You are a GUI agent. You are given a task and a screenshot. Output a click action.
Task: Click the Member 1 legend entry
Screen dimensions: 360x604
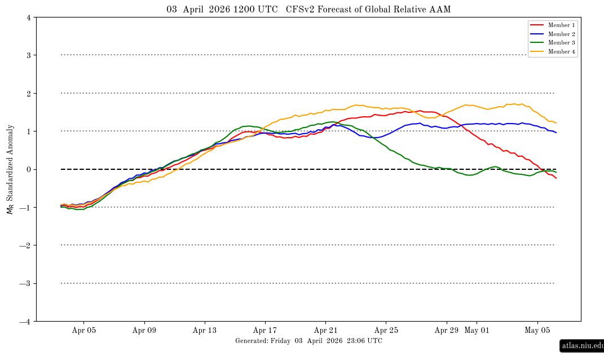click(x=561, y=25)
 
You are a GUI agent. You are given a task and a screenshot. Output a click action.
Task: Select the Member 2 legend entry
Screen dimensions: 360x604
click(x=561, y=34)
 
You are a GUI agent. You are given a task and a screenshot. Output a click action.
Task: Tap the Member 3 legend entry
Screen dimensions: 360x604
click(x=561, y=43)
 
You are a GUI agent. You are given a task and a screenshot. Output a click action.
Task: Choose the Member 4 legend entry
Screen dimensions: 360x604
click(x=561, y=52)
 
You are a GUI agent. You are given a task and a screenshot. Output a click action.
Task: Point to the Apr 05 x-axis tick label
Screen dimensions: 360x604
click(x=84, y=331)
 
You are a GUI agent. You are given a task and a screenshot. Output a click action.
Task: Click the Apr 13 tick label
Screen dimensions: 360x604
click(x=205, y=331)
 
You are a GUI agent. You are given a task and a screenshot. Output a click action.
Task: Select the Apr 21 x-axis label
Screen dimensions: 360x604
click(x=325, y=331)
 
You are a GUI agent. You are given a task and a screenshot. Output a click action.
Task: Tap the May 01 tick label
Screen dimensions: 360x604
click(x=477, y=331)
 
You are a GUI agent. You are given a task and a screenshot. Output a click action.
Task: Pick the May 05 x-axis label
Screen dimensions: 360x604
click(x=537, y=331)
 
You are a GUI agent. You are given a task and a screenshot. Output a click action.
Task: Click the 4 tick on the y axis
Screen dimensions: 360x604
click(x=28, y=17)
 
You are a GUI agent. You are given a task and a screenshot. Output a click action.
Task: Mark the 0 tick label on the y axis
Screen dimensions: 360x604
click(x=28, y=169)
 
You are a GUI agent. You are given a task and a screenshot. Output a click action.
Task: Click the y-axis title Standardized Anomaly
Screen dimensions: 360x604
click(x=10, y=169)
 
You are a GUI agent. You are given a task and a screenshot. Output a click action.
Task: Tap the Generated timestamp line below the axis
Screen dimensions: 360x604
click(x=308, y=341)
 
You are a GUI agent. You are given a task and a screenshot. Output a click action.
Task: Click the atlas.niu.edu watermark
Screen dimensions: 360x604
click(x=582, y=345)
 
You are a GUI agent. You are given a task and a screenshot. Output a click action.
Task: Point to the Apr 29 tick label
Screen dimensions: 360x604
click(x=446, y=331)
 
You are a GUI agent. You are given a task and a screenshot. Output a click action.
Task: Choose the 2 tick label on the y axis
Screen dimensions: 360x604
click(x=28, y=93)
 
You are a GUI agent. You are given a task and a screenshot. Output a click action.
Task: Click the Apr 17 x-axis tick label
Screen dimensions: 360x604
click(x=265, y=331)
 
